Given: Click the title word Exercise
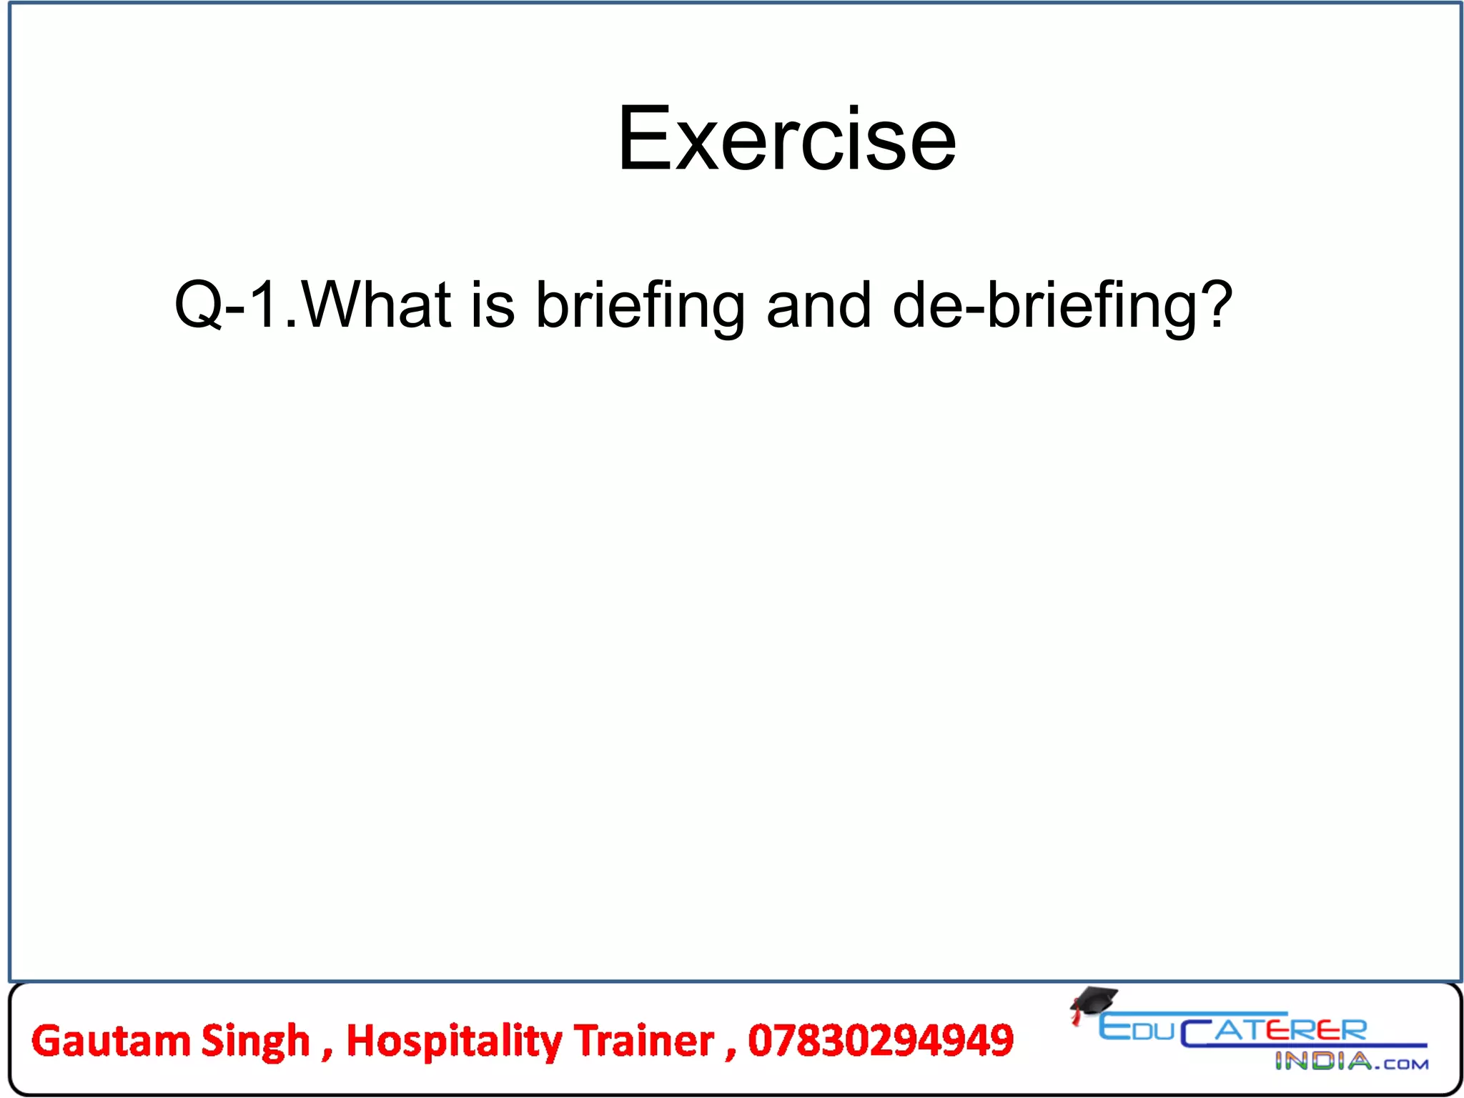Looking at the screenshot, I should pos(786,139).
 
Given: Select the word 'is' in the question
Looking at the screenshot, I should pos(493,305).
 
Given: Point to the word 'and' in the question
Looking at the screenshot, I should pos(818,305).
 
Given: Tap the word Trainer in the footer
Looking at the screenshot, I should pos(644,1041).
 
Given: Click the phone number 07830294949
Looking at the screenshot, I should pos(881,1041).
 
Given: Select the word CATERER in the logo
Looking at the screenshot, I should pos(1273,1032).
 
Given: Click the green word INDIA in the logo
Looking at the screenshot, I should pos(1322,1062).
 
